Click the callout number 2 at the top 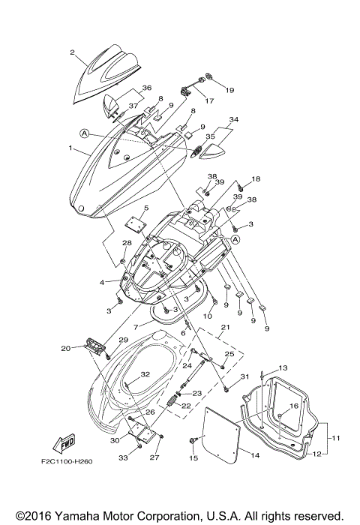[x=73, y=52]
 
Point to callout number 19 [x=229, y=89]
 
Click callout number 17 [x=208, y=101]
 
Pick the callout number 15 [x=193, y=457]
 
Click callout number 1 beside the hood [x=70, y=149]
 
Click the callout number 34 [x=233, y=119]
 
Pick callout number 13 [x=283, y=368]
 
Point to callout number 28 [x=127, y=243]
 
